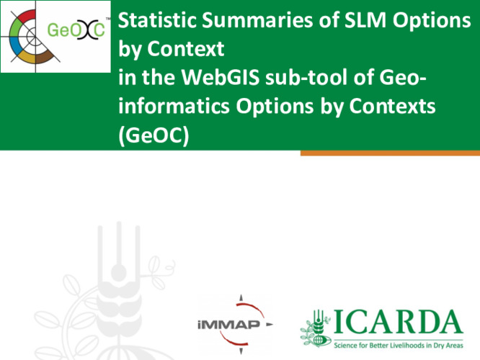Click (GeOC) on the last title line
152,135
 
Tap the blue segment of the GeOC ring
12,49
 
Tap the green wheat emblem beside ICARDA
316,328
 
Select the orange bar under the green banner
389,153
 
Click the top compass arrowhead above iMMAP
242,296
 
